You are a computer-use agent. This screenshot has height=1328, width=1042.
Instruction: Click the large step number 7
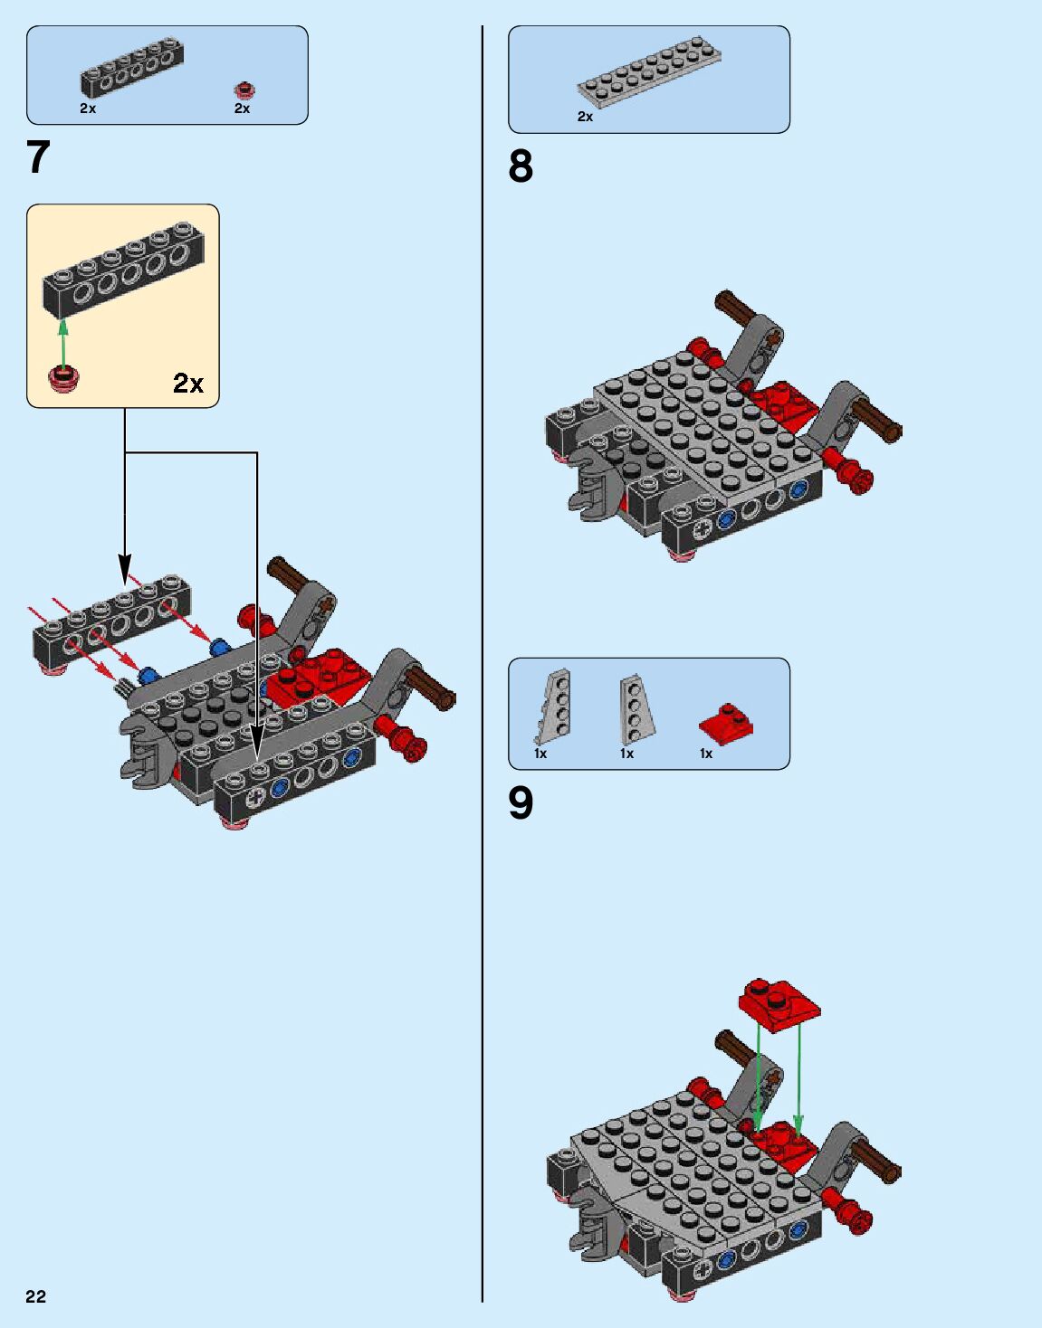(x=38, y=157)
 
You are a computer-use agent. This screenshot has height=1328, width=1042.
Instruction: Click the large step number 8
(x=521, y=166)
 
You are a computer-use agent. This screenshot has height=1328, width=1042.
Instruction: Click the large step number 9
(x=521, y=802)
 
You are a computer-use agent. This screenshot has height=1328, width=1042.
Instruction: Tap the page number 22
(x=35, y=1296)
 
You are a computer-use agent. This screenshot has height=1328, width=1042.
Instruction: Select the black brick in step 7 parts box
(x=133, y=69)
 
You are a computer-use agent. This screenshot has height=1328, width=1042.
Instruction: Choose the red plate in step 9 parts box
(x=726, y=722)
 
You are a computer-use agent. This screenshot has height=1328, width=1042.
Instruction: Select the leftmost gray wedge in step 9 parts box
(x=555, y=707)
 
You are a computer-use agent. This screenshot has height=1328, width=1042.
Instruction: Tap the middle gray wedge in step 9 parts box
(x=634, y=707)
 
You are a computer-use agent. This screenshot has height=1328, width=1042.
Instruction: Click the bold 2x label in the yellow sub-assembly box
(x=188, y=384)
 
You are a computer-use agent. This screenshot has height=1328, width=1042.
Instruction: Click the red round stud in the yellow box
(x=64, y=378)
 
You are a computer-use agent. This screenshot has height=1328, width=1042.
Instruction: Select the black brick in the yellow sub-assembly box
(x=124, y=272)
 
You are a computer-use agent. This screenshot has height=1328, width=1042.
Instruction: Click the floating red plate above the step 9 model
(x=779, y=1002)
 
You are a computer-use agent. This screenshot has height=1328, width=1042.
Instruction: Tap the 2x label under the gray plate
(x=586, y=117)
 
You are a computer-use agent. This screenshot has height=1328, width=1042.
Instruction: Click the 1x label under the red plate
(x=706, y=754)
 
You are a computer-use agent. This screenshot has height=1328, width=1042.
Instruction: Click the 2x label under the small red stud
(x=242, y=109)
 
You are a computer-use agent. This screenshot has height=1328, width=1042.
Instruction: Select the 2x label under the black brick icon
(x=88, y=109)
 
